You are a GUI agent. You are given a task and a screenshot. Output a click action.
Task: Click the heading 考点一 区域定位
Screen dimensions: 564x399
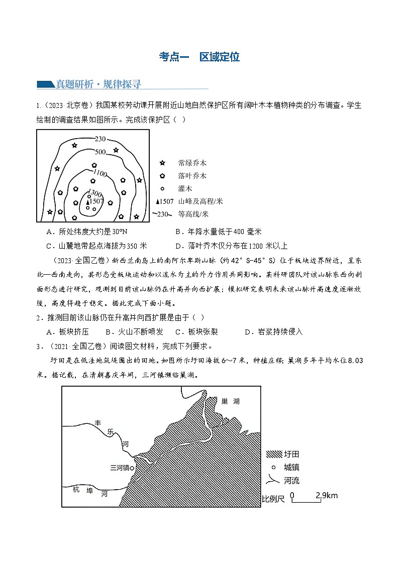pos(199,57)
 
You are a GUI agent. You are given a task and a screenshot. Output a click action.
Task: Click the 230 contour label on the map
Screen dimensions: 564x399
pos(99,139)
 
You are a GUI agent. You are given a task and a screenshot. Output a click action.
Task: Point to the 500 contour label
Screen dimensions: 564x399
pos(99,152)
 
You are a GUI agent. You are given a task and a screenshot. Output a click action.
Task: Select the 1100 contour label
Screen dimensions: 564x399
pos(100,174)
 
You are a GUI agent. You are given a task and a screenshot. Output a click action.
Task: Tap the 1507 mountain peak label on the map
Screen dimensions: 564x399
pos(95,201)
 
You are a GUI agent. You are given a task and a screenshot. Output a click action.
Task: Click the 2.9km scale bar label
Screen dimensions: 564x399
pos(327,496)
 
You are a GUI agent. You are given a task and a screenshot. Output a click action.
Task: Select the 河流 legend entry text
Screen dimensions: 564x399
pos(291,481)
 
